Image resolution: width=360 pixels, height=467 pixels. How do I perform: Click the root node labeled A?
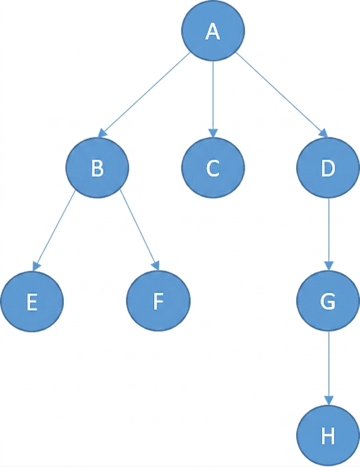(213, 31)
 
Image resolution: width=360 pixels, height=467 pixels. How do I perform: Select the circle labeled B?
(97, 168)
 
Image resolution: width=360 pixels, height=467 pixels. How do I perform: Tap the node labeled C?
(213, 168)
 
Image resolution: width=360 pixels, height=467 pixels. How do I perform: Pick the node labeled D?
(328, 168)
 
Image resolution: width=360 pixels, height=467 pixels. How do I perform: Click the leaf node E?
(32, 302)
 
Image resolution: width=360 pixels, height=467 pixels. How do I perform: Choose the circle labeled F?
(158, 301)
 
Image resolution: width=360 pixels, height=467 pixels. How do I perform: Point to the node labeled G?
(328, 301)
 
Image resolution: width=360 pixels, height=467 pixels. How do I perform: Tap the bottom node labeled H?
(328, 435)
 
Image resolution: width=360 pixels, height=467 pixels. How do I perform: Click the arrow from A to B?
(144, 95)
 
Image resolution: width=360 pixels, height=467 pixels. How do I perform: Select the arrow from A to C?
(213, 99)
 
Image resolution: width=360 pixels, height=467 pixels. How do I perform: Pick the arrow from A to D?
(282, 95)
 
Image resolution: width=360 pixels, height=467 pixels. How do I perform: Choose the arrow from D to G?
(329, 234)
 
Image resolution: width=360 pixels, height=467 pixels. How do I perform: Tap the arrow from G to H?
(329, 368)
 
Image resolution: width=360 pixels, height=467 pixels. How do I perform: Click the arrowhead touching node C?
(213, 133)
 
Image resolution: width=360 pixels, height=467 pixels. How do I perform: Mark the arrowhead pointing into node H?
(329, 401)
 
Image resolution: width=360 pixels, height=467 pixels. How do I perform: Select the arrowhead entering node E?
(36, 266)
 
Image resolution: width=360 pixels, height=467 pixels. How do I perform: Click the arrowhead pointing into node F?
(156, 265)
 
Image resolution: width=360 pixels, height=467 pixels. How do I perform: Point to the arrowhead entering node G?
(329, 266)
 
